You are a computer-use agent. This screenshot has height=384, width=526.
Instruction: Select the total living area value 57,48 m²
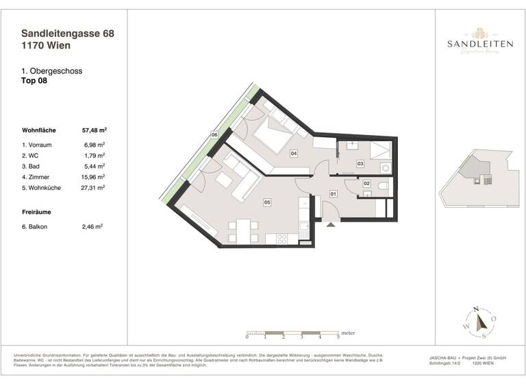click(94, 130)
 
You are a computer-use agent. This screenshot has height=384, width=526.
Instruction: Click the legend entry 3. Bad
click(33, 166)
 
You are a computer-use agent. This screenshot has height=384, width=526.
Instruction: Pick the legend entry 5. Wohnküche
click(42, 187)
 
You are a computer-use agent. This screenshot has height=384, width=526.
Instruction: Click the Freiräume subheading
click(36, 212)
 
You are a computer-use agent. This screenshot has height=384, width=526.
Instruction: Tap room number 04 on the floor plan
click(294, 154)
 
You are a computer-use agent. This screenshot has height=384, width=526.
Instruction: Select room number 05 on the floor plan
click(268, 202)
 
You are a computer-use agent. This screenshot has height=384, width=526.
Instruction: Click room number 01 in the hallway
click(334, 195)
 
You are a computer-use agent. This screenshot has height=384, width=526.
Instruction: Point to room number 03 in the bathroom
click(360, 165)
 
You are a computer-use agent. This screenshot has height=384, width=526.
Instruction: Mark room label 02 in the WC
click(366, 184)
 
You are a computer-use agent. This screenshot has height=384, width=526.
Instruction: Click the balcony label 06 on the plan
click(214, 135)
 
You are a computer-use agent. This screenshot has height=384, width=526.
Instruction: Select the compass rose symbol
click(481, 322)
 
